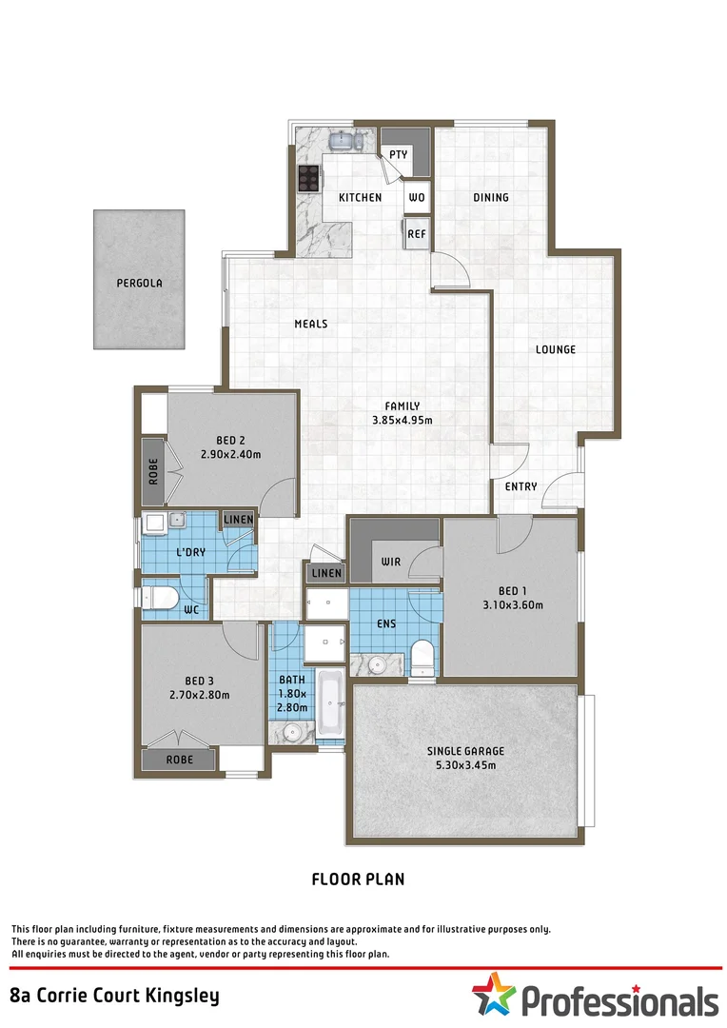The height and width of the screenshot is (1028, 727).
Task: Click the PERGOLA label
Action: pos(140,283)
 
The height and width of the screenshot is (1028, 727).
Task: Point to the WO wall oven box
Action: pos(416,198)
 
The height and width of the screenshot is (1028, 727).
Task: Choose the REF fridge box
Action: pos(416,233)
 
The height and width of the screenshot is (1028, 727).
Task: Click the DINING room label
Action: pos(491,198)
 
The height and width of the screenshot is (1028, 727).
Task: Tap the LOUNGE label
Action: pos(555,349)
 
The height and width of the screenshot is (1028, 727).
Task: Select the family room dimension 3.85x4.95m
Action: pos(402,420)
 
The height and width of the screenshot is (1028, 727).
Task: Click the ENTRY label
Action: pos(521,486)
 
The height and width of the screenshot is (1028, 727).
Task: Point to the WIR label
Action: pos(390,561)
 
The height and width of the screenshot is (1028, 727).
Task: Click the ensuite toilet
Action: pos(422,658)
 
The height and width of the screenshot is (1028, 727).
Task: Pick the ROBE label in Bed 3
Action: pos(179,761)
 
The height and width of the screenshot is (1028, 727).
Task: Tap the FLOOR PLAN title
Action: pos(358,880)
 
